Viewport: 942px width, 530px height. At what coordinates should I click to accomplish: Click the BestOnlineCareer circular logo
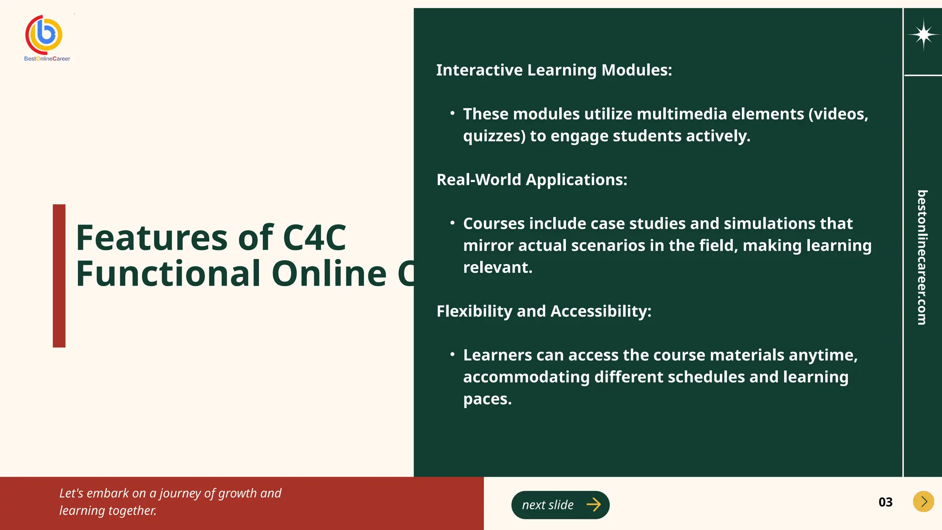(x=44, y=34)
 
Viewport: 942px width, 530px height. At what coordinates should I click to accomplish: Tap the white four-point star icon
(x=923, y=35)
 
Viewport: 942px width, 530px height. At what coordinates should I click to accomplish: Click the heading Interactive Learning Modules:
(x=554, y=70)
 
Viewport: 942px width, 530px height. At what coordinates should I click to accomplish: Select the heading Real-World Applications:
(x=532, y=179)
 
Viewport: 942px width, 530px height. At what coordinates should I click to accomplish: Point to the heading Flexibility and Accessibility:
(x=544, y=311)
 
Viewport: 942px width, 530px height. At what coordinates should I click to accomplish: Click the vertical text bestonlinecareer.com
(x=922, y=257)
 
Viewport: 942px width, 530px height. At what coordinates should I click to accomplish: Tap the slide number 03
(x=885, y=502)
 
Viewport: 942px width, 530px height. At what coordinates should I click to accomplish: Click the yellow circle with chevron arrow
(x=923, y=501)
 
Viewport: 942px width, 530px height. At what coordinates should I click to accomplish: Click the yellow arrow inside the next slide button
(x=593, y=505)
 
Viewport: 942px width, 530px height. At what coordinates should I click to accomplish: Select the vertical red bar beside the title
(x=59, y=276)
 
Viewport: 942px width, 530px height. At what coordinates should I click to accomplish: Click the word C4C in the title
(x=314, y=238)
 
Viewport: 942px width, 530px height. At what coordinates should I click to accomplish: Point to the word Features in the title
(x=152, y=238)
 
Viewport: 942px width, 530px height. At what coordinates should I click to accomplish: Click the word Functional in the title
(x=168, y=274)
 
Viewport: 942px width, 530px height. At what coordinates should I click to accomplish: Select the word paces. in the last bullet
(x=487, y=399)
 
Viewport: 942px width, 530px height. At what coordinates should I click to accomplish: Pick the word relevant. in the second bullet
(x=498, y=267)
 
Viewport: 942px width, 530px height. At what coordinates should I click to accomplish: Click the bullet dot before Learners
(x=453, y=354)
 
